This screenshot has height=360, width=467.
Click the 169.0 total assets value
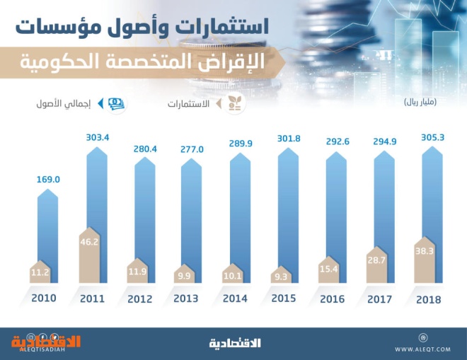point(47,180)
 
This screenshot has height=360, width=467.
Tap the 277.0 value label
point(191,150)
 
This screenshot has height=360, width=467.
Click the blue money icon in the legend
point(115,103)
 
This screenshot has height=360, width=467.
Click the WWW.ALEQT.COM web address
point(424,349)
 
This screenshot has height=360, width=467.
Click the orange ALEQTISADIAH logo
point(45,342)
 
